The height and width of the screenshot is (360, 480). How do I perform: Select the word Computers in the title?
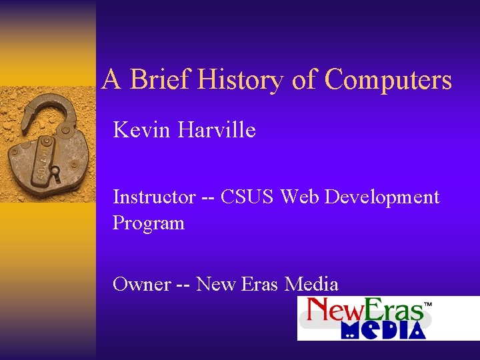388,80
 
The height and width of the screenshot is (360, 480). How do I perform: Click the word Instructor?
154,197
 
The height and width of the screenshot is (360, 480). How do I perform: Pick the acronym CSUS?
247,197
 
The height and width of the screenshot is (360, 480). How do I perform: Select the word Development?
383,198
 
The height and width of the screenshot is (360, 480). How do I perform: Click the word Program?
149,223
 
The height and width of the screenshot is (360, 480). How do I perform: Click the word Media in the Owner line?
311,284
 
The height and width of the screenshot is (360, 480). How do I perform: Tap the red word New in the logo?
330,311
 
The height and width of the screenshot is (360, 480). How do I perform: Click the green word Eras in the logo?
391,311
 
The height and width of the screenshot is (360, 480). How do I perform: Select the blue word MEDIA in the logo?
383,330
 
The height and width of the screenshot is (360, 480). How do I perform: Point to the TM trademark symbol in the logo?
429,304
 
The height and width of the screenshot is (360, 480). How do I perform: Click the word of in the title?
304,80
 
